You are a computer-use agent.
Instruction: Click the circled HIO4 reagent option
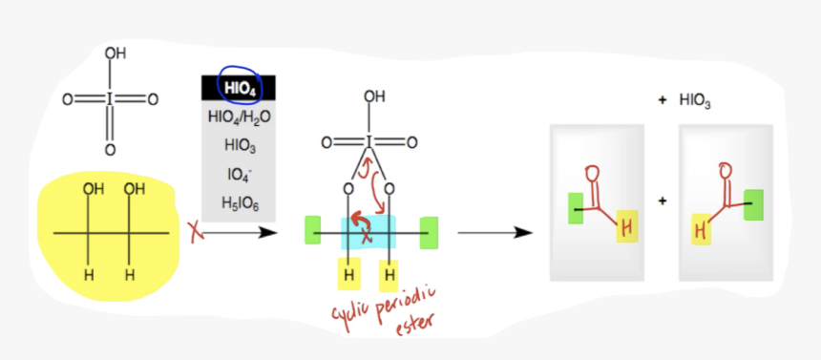click(238, 89)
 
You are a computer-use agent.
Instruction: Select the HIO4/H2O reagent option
click(239, 117)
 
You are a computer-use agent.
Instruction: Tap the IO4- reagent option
click(239, 174)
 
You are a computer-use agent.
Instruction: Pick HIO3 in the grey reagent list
click(239, 146)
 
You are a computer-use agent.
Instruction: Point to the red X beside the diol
click(196, 232)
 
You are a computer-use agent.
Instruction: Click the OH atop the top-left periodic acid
click(115, 54)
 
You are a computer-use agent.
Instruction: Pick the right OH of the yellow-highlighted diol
click(133, 189)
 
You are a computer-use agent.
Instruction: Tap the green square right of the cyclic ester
click(429, 231)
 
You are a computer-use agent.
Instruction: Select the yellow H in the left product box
click(626, 226)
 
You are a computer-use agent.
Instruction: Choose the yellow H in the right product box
click(699, 230)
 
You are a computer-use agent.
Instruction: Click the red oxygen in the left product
click(593, 173)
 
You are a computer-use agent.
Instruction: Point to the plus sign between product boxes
click(662, 201)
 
